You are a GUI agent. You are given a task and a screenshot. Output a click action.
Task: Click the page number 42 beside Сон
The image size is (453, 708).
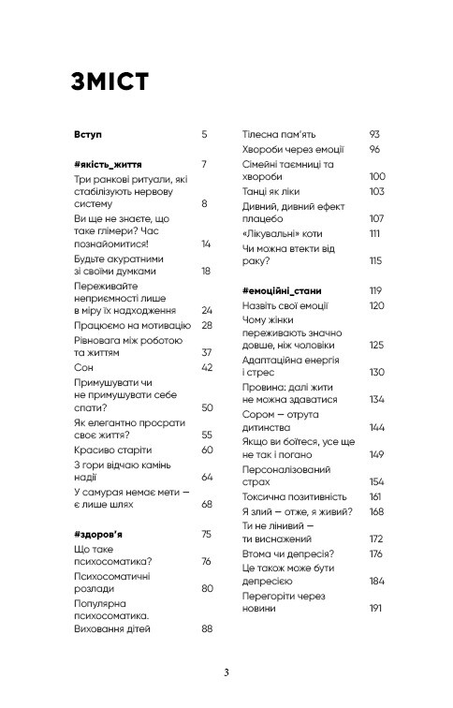pos(208,367)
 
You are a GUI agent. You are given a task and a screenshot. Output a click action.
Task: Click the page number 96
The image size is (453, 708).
pos(374,149)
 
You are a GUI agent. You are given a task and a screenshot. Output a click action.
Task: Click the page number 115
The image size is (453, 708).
pos(375,260)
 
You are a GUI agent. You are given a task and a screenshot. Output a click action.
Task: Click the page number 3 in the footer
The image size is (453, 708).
pos(226,672)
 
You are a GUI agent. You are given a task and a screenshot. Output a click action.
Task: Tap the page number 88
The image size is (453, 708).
pos(208,629)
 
